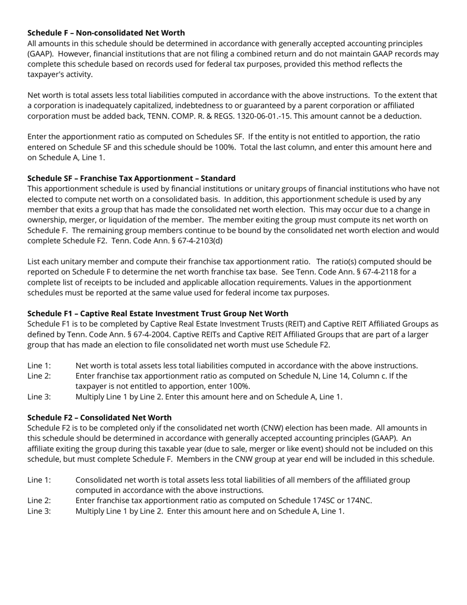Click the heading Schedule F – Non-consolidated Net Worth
(106, 33)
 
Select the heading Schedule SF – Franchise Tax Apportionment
(131, 179)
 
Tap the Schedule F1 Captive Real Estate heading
(158, 314)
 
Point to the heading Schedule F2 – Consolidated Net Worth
(99, 418)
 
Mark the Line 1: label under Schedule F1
(39, 366)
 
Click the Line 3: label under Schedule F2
(39, 511)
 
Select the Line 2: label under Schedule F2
(39, 501)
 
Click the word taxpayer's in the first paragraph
(47, 75)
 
